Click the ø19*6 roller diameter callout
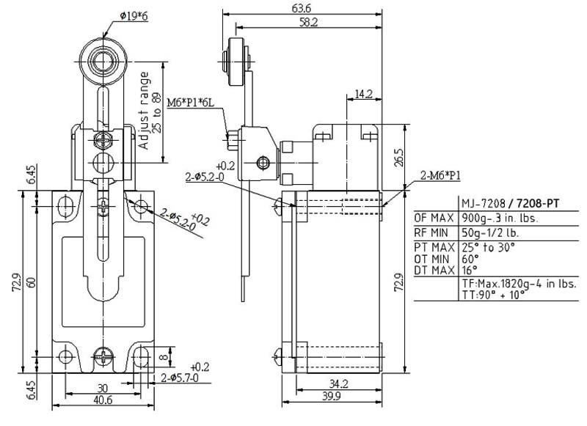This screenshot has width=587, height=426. pos(134,16)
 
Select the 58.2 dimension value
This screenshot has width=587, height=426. pos(308,23)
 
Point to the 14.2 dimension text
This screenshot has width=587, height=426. pos(363,94)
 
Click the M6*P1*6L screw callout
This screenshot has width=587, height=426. pos(190,103)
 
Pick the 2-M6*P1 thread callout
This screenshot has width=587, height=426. pos(440,175)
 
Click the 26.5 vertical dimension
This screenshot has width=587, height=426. pos(399,158)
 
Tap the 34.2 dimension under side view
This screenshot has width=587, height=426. pos(339,383)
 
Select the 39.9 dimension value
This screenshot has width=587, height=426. pos(332,396)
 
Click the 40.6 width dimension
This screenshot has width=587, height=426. pos(103,400)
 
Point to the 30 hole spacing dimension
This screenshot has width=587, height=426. pos(102,388)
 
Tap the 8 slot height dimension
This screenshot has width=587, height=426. pos(164,357)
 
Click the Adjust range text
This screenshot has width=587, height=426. pos(144,111)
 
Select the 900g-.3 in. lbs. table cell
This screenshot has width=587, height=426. pos(500,218)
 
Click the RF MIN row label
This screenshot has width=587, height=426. pos(431,232)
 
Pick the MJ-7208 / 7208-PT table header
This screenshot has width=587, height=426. pos(510,203)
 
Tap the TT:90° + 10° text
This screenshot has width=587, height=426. pos(493,295)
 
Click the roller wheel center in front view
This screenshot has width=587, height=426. pos(103,62)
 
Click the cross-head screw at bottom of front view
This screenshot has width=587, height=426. pos(103,356)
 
